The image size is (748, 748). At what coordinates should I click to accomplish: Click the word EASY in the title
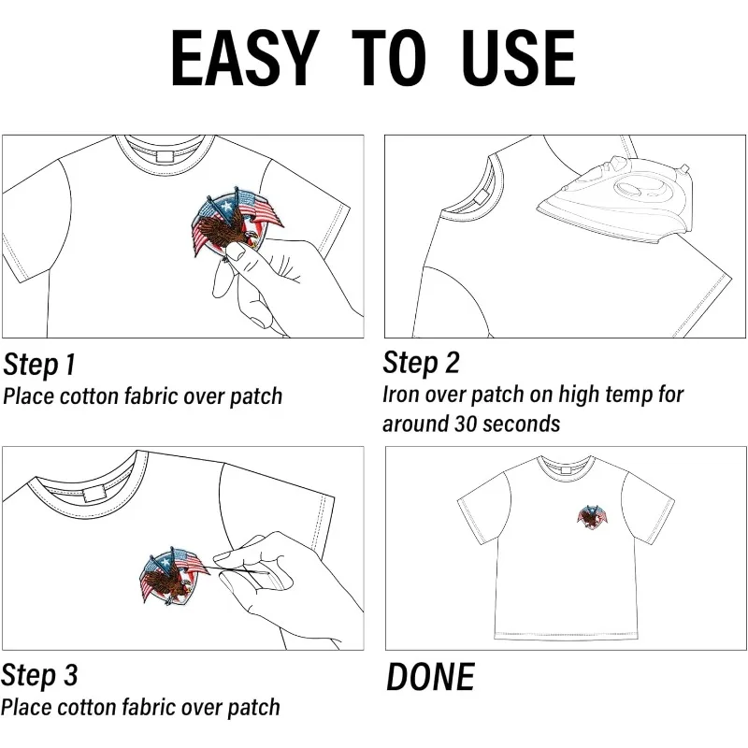point(245,58)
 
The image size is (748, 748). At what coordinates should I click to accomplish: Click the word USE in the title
point(519,58)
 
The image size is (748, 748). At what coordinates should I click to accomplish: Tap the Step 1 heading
point(39,365)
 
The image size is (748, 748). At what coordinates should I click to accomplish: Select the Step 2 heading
point(422,363)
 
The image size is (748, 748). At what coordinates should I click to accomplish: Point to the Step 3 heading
point(39,676)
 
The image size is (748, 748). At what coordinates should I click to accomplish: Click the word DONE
point(430,677)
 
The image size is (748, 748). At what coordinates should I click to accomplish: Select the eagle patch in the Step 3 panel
point(173,575)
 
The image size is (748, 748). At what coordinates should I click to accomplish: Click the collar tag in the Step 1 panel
point(166,156)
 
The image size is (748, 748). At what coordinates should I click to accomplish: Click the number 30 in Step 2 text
point(464,424)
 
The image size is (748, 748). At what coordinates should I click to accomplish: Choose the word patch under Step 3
point(253,708)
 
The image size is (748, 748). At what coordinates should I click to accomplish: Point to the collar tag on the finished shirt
point(567,470)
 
